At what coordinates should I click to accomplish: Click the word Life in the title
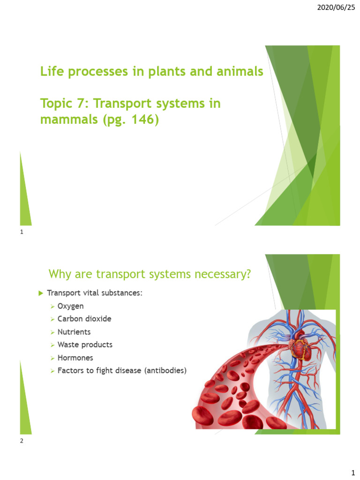pyautogui.click(x=51, y=72)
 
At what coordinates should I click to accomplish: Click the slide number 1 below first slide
pyautogui.click(x=22, y=232)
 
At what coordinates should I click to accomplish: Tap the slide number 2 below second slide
pyautogui.click(x=22, y=441)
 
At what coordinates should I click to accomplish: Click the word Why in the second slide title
pyautogui.click(x=60, y=274)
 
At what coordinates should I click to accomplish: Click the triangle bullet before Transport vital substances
pyautogui.click(x=40, y=293)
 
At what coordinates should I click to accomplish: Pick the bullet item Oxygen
pyautogui.click(x=70, y=306)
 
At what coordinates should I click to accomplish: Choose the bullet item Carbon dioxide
pyautogui.click(x=84, y=319)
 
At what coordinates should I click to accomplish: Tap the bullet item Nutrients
pyautogui.click(x=74, y=332)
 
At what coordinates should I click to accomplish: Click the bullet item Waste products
pyautogui.click(x=85, y=345)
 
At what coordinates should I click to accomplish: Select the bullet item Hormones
pyautogui.click(x=75, y=358)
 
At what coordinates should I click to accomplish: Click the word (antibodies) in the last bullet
pyautogui.click(x=165, y=370)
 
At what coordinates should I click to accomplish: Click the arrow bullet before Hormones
pyautogui.click(x=52, y=358)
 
